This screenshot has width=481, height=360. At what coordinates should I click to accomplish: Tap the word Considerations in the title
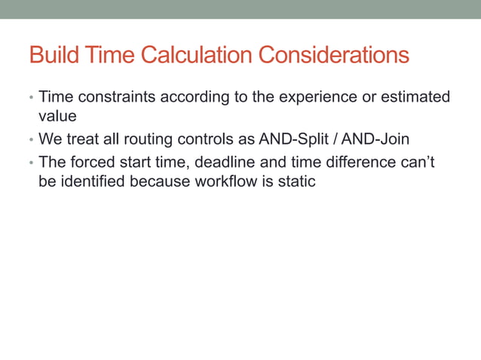pos(334,56)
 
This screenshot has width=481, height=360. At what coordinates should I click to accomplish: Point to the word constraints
pos(113,97)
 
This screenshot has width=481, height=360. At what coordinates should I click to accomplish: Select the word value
pos(57,117)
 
